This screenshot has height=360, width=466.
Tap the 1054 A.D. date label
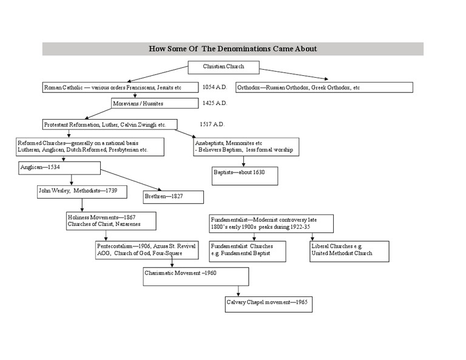tap(215, 87)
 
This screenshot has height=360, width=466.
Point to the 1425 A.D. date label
tap(215, 103)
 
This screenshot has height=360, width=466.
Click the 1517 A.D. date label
tap(212, 124)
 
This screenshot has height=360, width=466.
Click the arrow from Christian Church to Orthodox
tap(294, 74)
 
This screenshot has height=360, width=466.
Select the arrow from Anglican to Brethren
tap(131, 180)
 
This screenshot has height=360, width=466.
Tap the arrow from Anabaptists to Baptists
tap(244, 161)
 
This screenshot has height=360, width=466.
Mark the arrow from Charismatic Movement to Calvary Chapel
tap(238, 291)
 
